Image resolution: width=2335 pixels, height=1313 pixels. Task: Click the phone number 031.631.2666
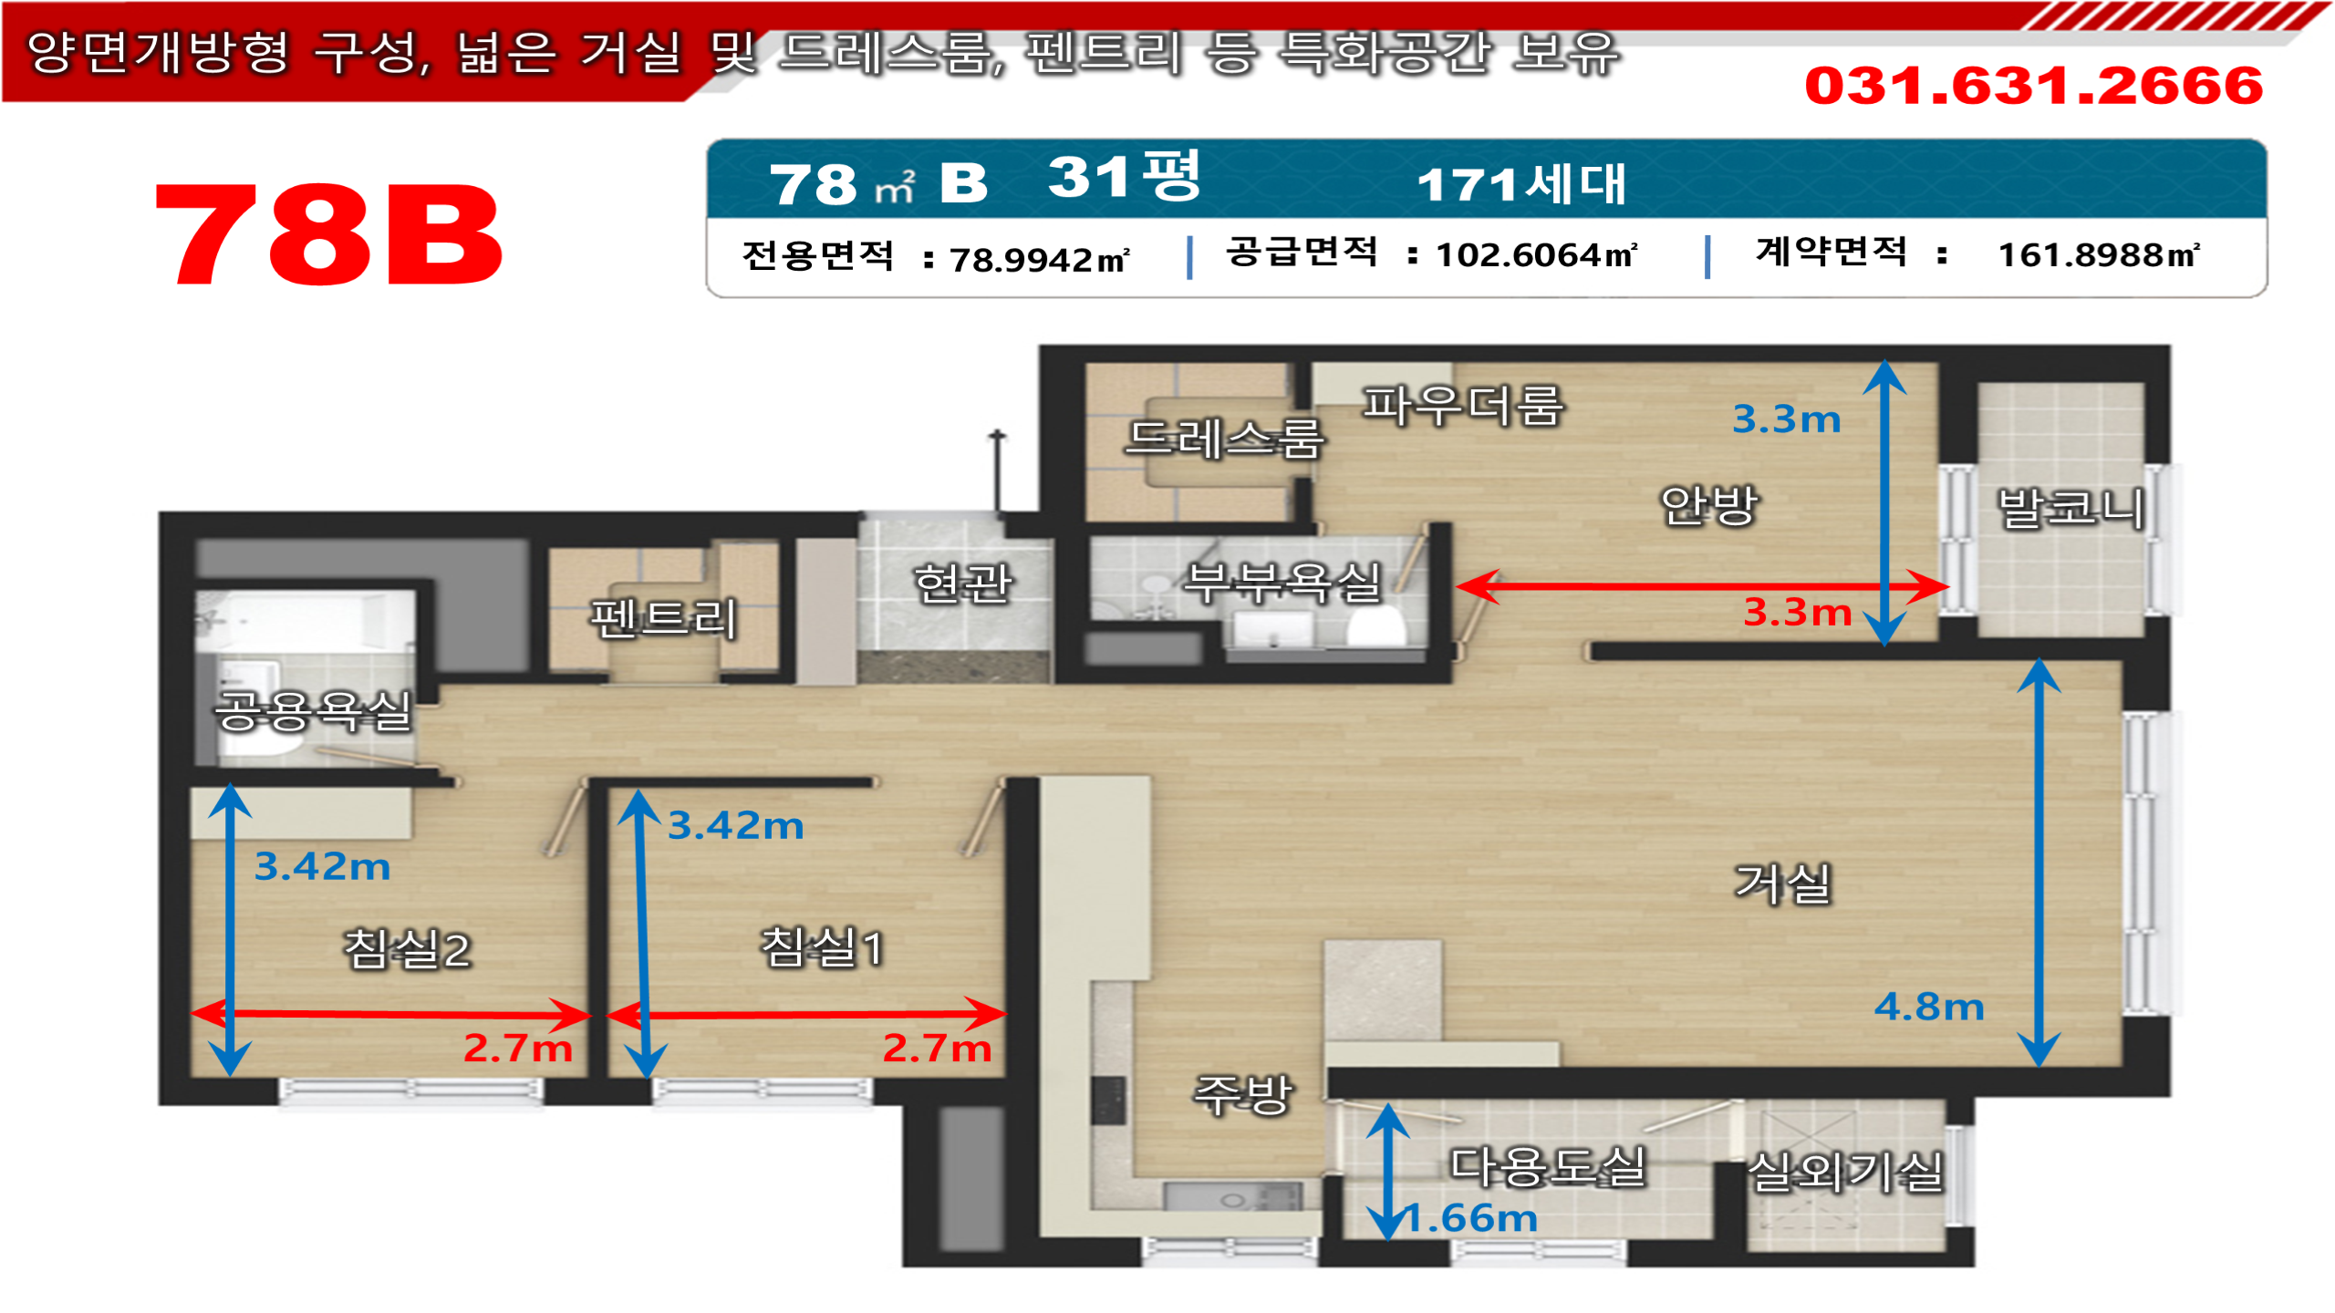click(x=2033, y=86)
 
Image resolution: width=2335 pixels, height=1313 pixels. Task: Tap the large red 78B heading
click(x=328, y=235)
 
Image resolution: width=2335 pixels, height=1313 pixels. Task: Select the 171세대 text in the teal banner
click(x=1520, y=184)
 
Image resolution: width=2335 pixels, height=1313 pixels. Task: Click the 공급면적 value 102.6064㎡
click(x=1536, y=255)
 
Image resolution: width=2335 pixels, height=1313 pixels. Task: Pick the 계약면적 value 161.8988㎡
click(x=2098, y=255)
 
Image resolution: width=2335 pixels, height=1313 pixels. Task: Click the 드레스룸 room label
click(x=1223, y=439)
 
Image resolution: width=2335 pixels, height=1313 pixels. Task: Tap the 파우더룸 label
click(x=1462, y=406)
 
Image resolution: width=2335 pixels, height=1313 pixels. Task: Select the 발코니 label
click(x=2070, y=509)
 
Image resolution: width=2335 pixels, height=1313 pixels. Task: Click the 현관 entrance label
click(x=962, y=584)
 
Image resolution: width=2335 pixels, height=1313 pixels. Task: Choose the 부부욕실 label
click(x=1282, y=584)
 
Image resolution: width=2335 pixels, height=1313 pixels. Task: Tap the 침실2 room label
click(x=407, y=949)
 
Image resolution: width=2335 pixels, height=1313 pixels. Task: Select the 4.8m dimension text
click(x=1928, y=1008)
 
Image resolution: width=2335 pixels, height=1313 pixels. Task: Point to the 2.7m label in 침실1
click(x=937, y=1049)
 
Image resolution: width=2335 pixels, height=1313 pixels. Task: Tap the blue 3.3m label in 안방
click(x=1786, y=419)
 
